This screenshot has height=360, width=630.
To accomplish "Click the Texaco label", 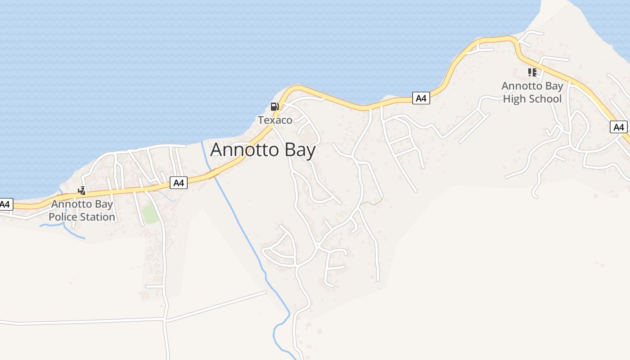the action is [x=275, y=120].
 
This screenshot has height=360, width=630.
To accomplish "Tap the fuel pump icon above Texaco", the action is [x=274, y=107].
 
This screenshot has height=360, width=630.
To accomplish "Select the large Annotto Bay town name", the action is [x=263, y=150].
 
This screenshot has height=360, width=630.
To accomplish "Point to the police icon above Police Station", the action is [x=82, y=191].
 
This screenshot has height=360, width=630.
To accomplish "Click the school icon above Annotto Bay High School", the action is [x=532, y=72].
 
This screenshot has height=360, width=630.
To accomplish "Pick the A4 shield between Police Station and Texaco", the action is [x=179, y=183].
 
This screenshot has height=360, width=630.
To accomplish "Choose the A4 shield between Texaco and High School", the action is [x=421, y=98].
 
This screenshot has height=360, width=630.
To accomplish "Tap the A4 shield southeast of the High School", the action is [x=619, y=127].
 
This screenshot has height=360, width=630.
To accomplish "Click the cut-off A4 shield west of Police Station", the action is [x=5, y=205].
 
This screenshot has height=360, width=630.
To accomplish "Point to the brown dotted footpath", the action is [x=373, y=203].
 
